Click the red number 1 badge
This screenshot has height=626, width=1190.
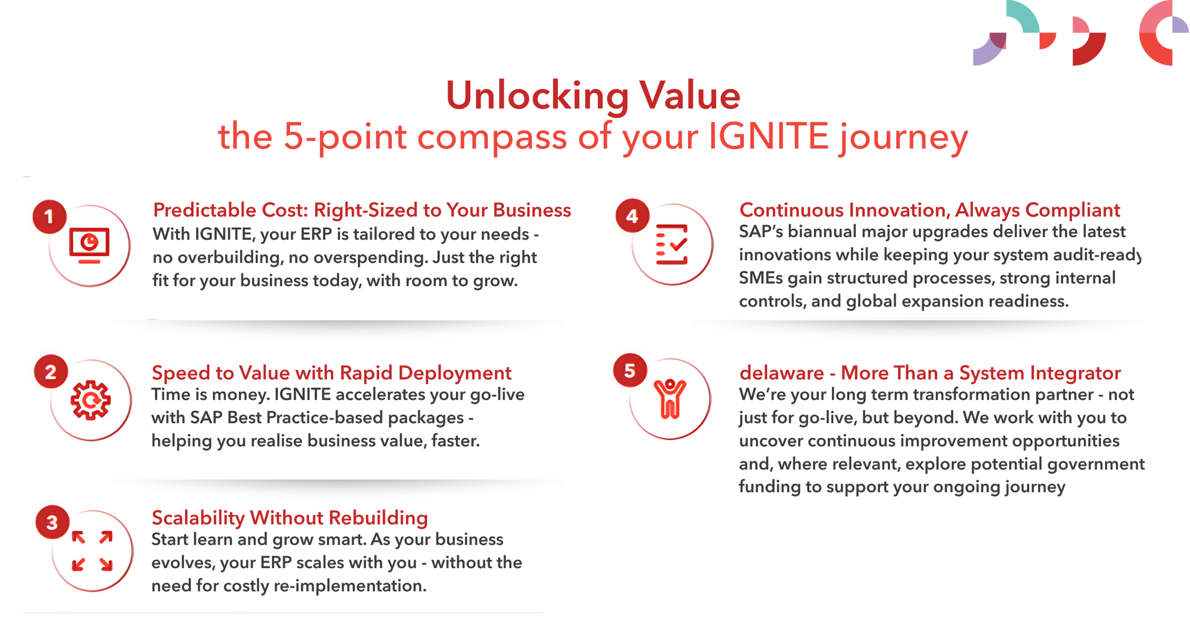tap(50, 216)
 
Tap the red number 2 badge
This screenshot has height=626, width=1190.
tap(51, 372)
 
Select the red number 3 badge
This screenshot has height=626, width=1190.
tap(52, 522)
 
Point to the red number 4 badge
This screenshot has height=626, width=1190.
tap(632, 216)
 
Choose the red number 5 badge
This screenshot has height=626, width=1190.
tap(630, 370)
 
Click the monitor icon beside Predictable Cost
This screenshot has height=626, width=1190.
tap(89, 246)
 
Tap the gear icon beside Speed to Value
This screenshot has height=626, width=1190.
tap(91, 400)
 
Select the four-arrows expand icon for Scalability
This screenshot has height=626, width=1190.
tap(92, 551)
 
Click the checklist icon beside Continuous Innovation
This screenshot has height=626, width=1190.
tap(671, 244)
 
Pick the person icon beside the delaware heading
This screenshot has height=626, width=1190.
tap(670, 399)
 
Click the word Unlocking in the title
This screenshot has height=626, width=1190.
tap(538, 97)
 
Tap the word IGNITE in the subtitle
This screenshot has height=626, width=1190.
tap(769, 137)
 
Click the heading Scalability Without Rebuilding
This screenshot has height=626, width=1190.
tap(290, 518)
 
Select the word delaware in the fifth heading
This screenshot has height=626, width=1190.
tap(782, 373)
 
